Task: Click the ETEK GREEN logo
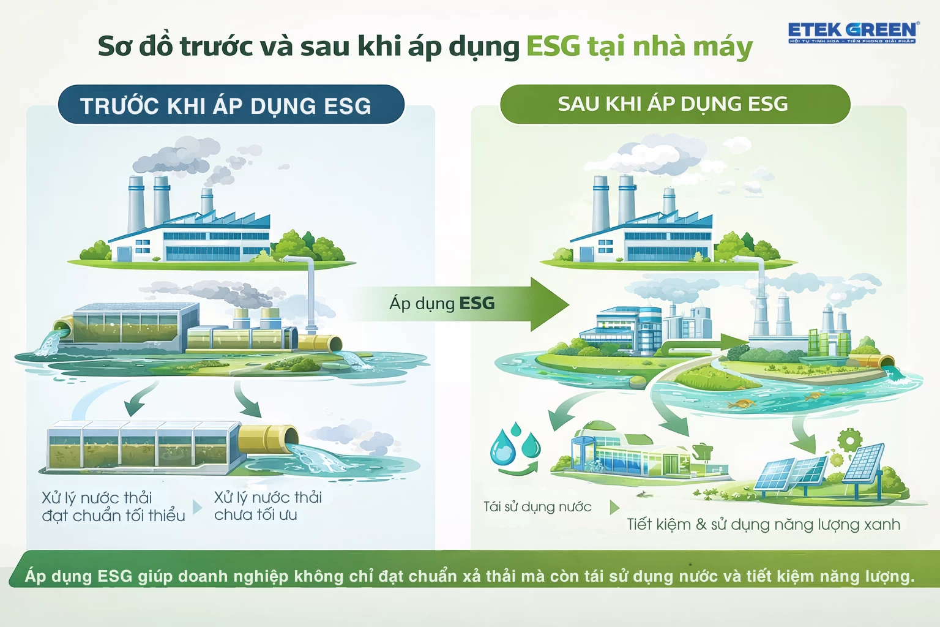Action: pyautogui.click(x=852, y=32)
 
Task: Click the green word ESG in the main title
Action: pyautogui.click(x=553, y=47)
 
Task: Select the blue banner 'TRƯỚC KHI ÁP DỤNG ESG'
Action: pyautogui.click(x=231, y=105)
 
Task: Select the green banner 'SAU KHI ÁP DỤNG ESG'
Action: pyautogui.click(x=674, y=104)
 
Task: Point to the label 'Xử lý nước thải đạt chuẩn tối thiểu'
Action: pyautogui.click(x=113, y=507)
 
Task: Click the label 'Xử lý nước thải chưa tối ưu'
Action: pyautogui.click(x=267, y=506)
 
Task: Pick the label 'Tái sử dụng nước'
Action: pyautogui.click(x=537, y=507)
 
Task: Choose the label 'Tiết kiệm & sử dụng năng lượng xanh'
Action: pyautogui.click(x=763, y=525)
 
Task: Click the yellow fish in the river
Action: pyautogui.click(x=742, y=404)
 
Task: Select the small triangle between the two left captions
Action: pyautogui.click(x=197, y=507)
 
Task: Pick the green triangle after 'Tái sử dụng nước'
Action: pyautogui.click(x=614, y=508)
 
